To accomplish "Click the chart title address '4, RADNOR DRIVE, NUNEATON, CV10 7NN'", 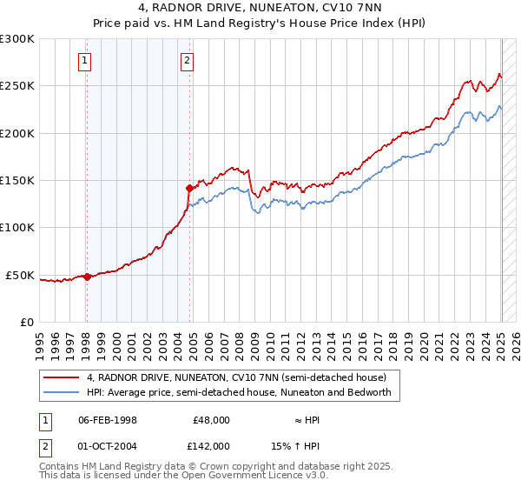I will point(260,9).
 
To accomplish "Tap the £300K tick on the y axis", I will point(17,39).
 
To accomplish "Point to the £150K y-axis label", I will point(17,180).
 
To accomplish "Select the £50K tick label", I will point(20,275).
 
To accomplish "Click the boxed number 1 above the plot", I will point(85,60).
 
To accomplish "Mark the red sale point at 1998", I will point(86,277).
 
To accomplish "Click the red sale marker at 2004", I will point(188,187).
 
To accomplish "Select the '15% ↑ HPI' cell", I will point(295,446).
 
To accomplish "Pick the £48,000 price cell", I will point(210,420).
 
